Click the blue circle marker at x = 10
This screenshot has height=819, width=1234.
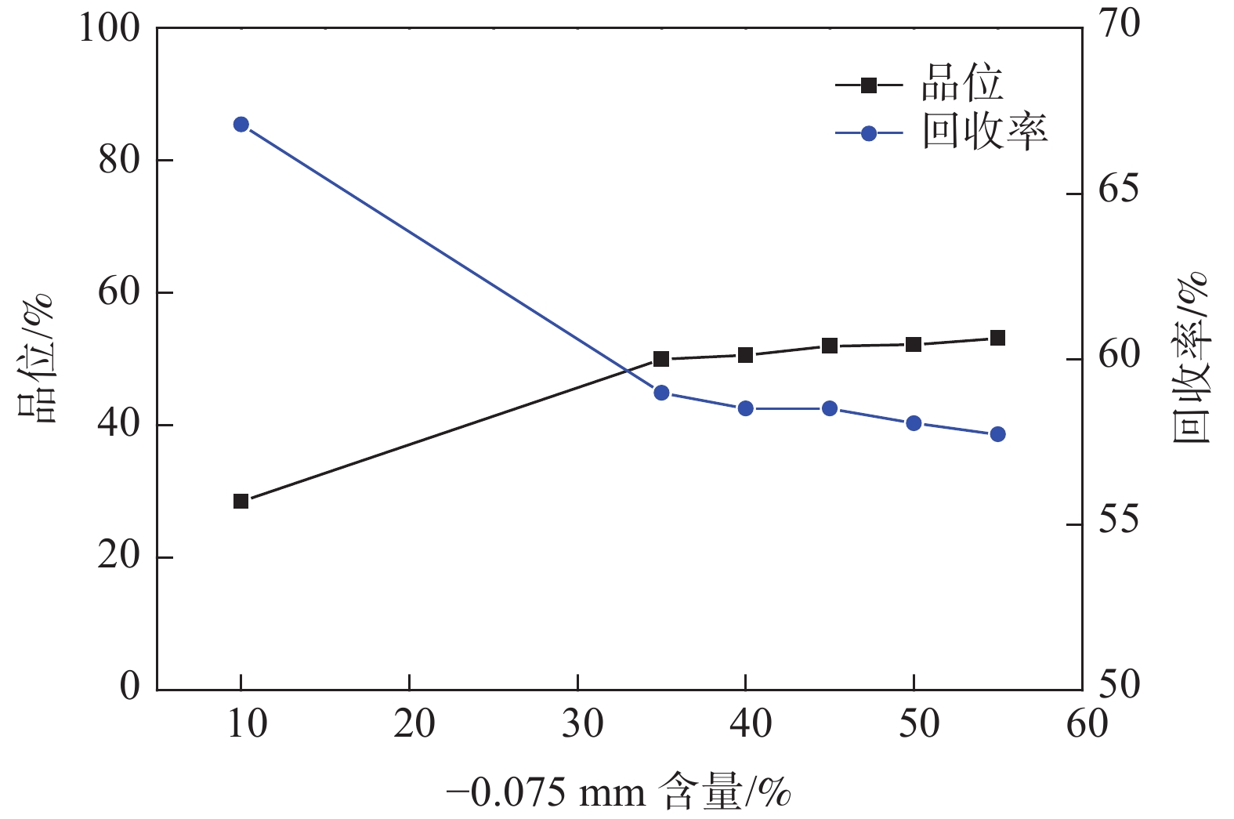pyautogui.click(x=241, y=125)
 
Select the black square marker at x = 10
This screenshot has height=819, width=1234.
pyautogui.click(x=241, y=501)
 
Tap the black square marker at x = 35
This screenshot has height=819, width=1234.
pyautogui.click(x=661, y=359)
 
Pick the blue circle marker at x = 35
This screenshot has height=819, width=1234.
pyautogui.click(x=661, y=393)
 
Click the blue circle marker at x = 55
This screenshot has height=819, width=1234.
pyautogui.click(x=997, y=434)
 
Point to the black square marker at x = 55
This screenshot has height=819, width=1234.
pyautogui.click(x=997, y=339)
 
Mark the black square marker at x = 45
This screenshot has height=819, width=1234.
pyautogui.click(x=830, y=346)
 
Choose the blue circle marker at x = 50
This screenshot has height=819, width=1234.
pyautogui.click(x=914, y=423)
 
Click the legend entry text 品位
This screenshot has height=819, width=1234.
pyautogui.click(x=962, y=84)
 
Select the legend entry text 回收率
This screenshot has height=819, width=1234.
pyautogui.click(x=984, y=132)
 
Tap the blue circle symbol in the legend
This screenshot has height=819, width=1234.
pyautogui.click(x=868, y=133)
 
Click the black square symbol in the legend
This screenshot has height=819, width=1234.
pyautogui.click(x=868, y=85)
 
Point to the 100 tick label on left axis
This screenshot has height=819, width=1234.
pyautogui.click(x=110, y=28)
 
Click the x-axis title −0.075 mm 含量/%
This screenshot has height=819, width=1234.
pyautogui.click(x=619, y=792)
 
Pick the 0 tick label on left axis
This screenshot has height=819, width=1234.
pyautogui.click(x=130, y=686)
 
